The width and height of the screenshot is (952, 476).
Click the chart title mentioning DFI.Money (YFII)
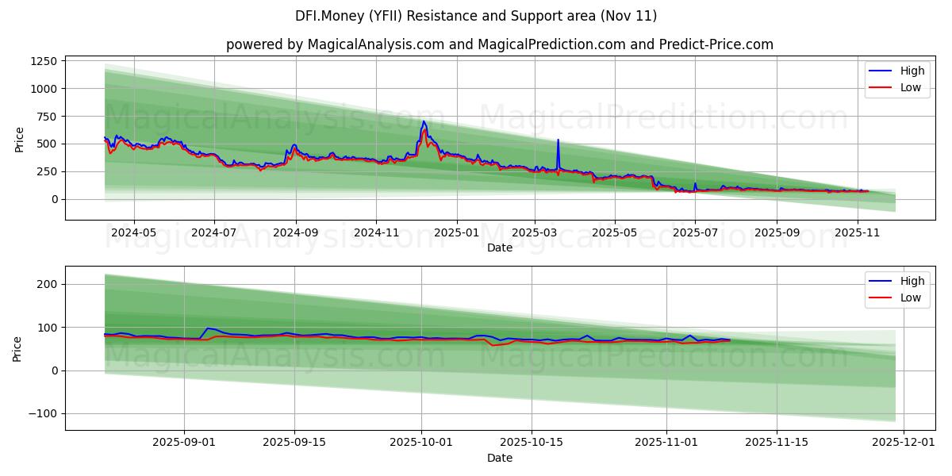click(x=476, y=16)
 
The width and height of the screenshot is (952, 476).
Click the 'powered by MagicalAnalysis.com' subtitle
click(x=499, y=44)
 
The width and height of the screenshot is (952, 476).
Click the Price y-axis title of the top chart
click(x=20, y=139)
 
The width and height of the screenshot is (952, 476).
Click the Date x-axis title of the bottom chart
click(x=499, y=458)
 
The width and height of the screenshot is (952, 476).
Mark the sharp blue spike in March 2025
click(x=558, y=140)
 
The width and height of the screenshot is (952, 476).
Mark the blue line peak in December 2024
click(x=424, y=121)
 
